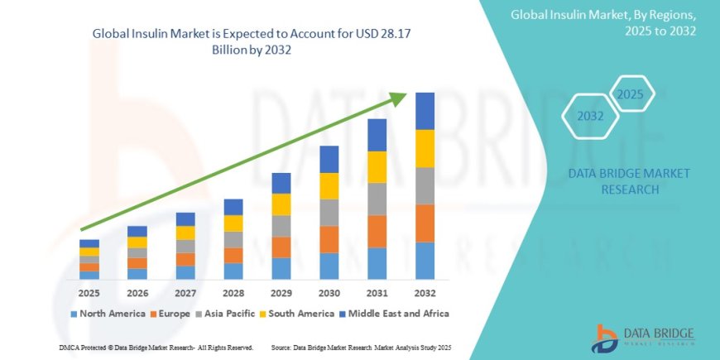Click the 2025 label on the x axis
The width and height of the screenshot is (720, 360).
(89, 292)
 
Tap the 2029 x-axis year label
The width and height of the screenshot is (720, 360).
(281, 292)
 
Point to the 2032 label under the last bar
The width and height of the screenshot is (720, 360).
(425, 292)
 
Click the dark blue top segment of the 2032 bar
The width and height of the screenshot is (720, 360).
(425, 111)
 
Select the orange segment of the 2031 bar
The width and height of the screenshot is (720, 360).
(377, 231)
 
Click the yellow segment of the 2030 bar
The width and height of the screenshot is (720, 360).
(329, 185)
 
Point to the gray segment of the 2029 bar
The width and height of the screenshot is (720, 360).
(281, 226)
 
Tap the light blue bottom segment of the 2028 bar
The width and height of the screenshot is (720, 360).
(233, 271)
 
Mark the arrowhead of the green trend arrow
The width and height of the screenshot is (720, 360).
(400, 98)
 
